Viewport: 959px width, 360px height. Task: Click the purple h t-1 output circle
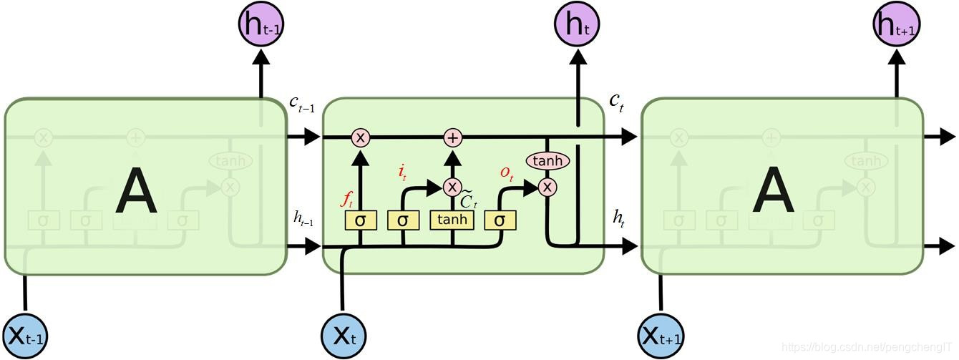click(x=259, y=24)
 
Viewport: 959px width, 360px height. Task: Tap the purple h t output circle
click(x=577, y=24)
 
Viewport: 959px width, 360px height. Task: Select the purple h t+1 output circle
click(x=895, y=24)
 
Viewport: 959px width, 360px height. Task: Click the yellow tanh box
click(x=452, y=220)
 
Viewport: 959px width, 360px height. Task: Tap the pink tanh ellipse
click(x=547, y=161)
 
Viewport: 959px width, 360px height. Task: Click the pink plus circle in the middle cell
click(x=452, y=137)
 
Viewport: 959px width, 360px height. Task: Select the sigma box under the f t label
click(x=360, y=220)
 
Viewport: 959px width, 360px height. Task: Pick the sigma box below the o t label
click(x=500, y=220)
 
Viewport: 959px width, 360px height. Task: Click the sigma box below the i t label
click(x=403, y=220)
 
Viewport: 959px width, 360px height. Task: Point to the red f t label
click(x=347, y=198)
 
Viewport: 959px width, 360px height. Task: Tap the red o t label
click(x=507, y=172)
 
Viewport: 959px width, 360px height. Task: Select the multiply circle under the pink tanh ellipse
click(x=547, y=188)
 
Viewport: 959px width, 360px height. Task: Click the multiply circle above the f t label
click(x=360, y=137)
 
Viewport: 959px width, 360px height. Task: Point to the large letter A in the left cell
click(x=137, y=191)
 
